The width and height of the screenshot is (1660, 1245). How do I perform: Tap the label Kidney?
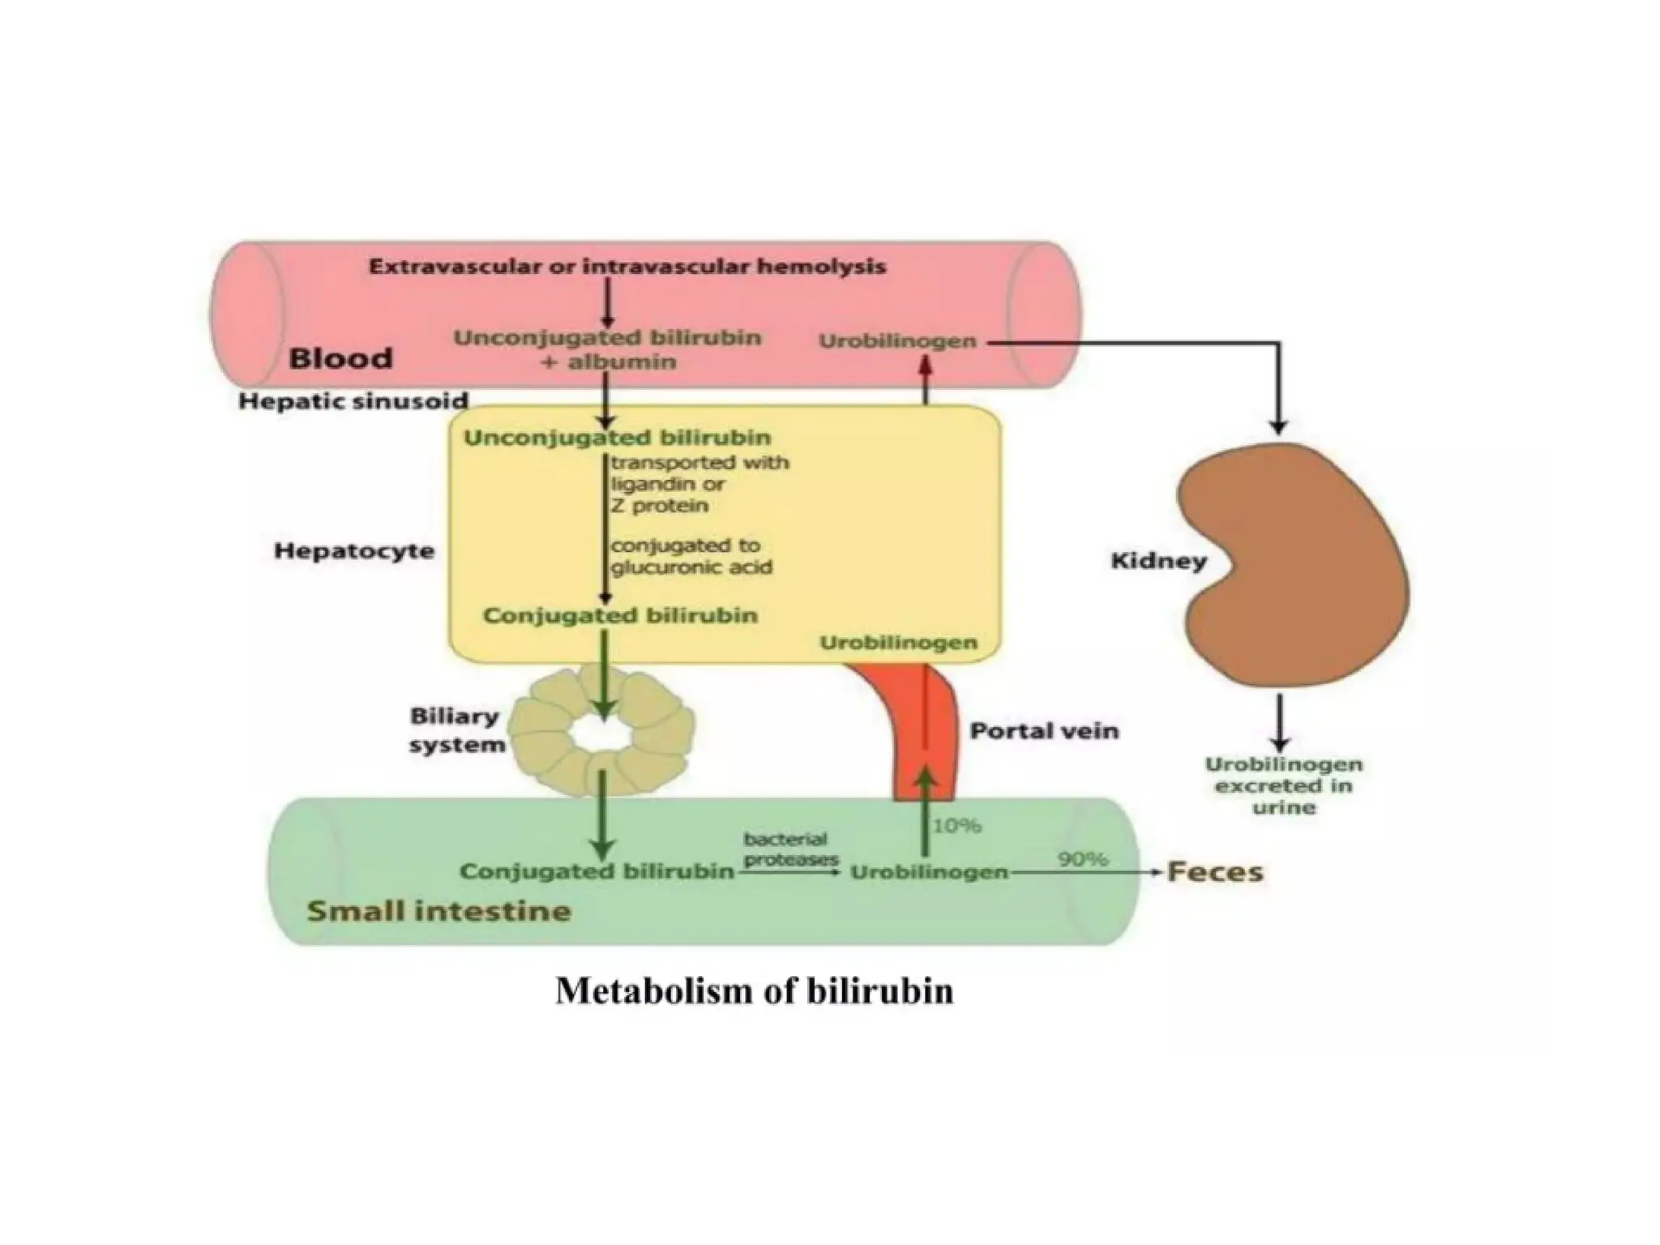tap(1158, 561)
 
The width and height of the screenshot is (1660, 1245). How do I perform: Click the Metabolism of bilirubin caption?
tap(754, 990)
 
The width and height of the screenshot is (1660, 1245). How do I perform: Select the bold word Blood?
tap(340, 358)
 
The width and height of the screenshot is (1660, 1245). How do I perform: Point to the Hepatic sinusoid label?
tap(353, 400)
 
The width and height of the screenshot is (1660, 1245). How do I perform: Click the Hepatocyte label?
tap(354, 551)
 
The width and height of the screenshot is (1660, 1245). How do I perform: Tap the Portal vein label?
tap(1044, 731)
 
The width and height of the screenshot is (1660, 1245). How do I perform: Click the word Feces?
tap(1214, 872)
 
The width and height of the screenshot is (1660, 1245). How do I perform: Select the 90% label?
tap(1083, 858)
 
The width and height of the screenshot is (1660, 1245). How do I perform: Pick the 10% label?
tap(956, 825)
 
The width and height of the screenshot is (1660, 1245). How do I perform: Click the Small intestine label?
tap(439, 911)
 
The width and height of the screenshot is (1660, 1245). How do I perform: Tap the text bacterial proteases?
tap(790, 849)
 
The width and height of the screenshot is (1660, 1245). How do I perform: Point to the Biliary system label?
tap(456, 730)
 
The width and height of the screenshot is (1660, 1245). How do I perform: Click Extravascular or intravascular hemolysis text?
tap(627, 267)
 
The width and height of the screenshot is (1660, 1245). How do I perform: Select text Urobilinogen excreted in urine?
tap(1283, 785)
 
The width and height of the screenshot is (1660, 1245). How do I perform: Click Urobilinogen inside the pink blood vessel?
tap(897, 341)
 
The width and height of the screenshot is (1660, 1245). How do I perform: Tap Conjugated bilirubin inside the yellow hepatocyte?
tap(620, 615)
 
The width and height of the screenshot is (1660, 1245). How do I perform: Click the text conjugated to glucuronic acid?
tap(691, 556)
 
